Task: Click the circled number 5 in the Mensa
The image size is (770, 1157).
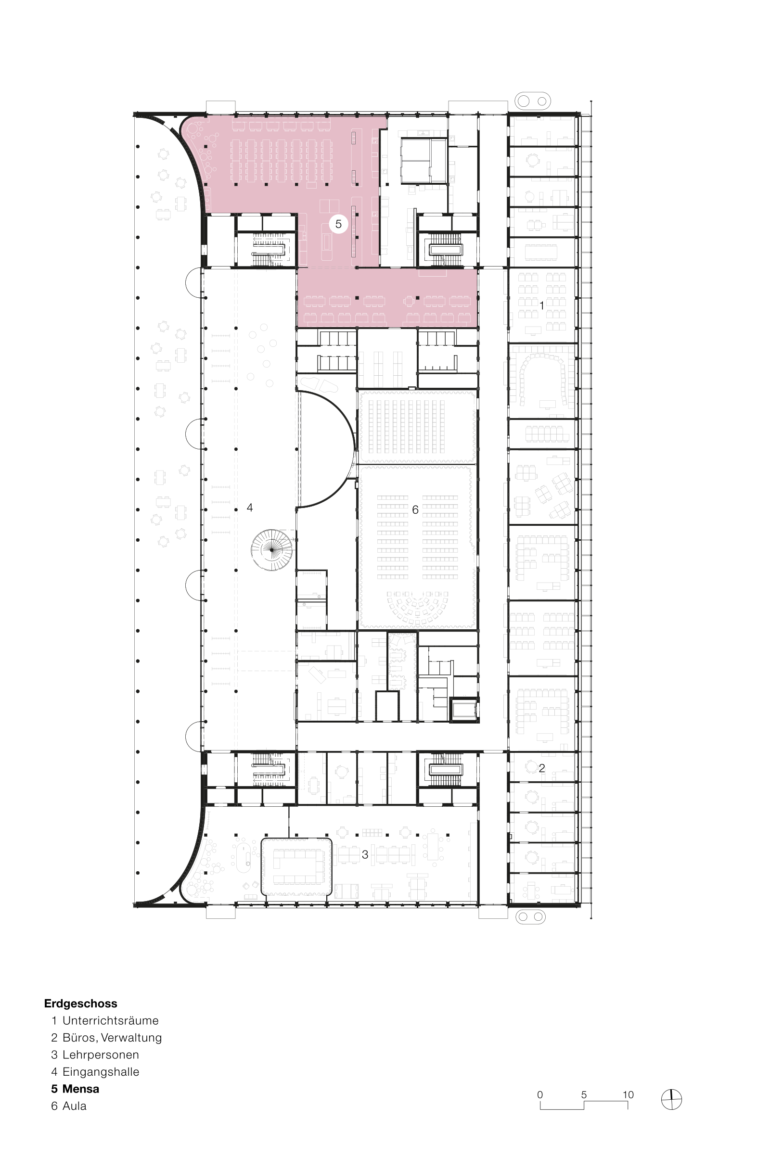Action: [338, 224]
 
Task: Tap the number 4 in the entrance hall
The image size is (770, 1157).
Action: [250, 508]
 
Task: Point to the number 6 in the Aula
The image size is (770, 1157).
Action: [415, 510]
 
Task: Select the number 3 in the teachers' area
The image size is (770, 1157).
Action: [365, 854]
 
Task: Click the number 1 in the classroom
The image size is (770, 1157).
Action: [542, 305]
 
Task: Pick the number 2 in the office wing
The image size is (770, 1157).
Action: [542, 768]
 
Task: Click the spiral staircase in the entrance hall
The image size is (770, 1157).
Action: [272, 550]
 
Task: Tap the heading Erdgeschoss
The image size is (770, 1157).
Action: [80, 1004]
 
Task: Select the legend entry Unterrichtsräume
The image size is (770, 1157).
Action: [111, 1021]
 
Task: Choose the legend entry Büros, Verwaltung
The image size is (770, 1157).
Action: [112, 1038]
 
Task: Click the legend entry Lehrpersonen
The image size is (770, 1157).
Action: [101, 1055]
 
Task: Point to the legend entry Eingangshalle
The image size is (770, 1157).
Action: [101, 1072]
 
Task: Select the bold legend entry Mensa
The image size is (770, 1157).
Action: [80, 1089]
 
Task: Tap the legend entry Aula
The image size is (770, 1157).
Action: [74, 1106]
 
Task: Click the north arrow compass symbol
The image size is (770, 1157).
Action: [671, 1100]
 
